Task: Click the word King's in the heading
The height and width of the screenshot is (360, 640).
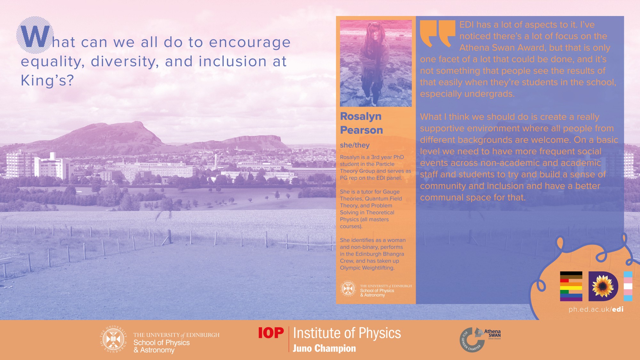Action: [x=47, y=80]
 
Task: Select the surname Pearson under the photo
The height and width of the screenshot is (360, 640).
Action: [x=361, y=130]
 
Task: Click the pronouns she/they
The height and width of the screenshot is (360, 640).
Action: [x=355, y=145]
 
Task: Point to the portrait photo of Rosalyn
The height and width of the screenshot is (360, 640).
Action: [x=376, y=63]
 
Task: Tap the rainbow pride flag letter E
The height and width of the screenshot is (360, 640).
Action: [x=571, y=286]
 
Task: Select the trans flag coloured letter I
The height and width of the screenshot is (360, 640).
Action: [x=628, y=286]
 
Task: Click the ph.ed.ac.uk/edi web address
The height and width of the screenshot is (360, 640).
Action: [x=596, y=309]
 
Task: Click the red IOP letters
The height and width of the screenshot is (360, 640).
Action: [x=271, y=333]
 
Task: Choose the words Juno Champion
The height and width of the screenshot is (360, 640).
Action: [x=324, y=348]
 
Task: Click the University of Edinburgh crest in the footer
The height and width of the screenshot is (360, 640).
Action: [x=113, y=340]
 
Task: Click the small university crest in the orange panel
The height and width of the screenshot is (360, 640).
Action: [x=348, y=289]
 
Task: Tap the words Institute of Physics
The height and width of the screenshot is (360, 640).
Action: [x=347, y=333]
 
